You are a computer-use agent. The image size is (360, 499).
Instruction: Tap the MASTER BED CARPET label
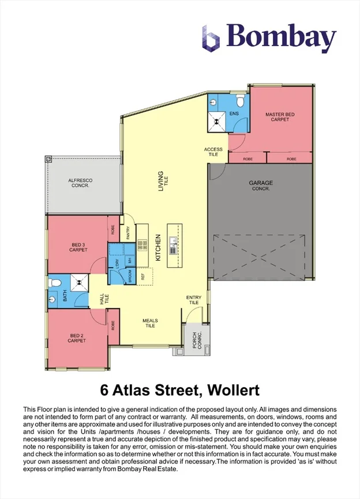[x=280, y=117]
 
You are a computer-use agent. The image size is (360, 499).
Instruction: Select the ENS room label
[x=234, y=114]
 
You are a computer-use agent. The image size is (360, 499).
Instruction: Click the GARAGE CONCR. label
[x=261, y=186]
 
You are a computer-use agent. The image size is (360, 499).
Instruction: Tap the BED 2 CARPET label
[x=77, y=338]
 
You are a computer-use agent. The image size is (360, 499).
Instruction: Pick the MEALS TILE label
[x=150, y=323]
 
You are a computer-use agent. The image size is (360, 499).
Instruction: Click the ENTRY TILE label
[x=193, y=300]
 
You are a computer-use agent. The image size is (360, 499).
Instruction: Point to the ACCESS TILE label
[x=213, y=152]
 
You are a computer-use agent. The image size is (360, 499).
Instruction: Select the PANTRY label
[x=128, y=232]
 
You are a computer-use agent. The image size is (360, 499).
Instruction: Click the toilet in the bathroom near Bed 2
[x=55, y=283]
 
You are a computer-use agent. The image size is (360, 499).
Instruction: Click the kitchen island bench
[x=174, y=245]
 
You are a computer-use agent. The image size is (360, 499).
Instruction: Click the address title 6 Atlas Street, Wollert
[x=179, y=392]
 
